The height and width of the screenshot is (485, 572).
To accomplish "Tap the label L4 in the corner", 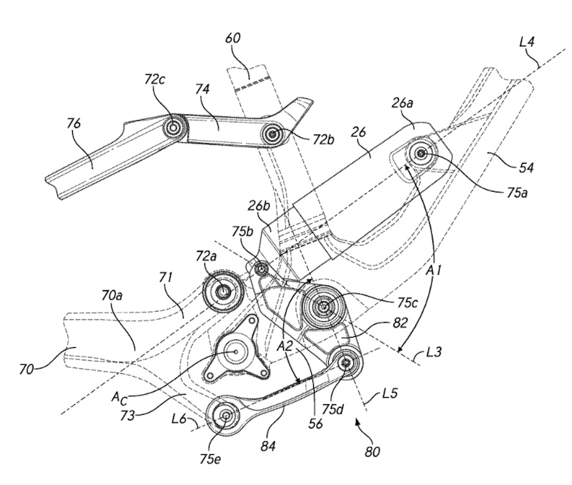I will pos(528,44).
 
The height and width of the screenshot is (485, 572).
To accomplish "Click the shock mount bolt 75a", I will pos(419,154).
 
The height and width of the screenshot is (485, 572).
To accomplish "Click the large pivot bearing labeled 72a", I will pos(222,290).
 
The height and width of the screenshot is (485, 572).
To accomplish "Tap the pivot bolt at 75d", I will pos(348,363).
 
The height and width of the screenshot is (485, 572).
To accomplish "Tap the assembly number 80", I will pos(370,452).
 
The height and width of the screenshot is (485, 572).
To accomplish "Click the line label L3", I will pos(432,352).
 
